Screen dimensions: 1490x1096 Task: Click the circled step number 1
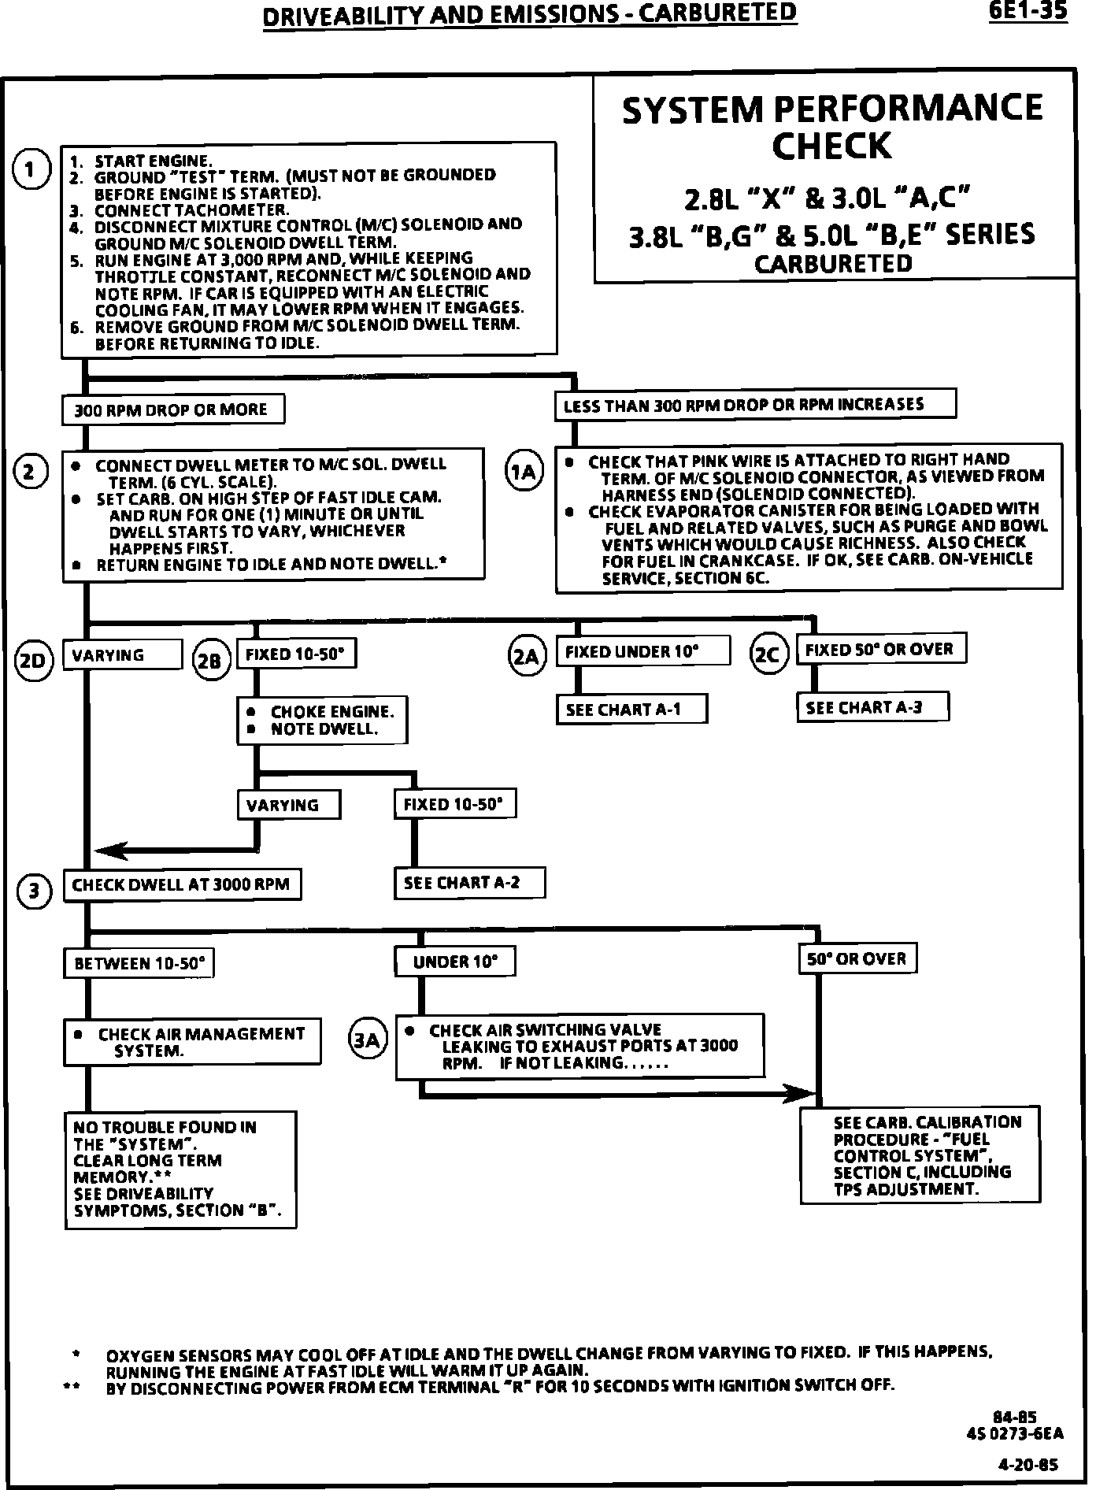click(x=31, y=170)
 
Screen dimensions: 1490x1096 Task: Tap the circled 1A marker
click(x=524, y=472)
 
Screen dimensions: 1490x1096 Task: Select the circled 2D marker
click(x=33, y=660)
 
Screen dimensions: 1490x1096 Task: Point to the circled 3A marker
click(x=367, y=1040)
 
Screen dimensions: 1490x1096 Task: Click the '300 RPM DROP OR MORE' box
click(x=172, y=410)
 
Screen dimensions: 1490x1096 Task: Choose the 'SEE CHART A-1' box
click(x=631, y=709)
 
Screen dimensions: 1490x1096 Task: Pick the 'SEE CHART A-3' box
click(x=872, y=706)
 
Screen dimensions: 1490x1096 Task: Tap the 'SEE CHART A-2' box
click(x=469, y=883)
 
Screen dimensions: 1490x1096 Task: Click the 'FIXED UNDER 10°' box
click(x=642, y=651)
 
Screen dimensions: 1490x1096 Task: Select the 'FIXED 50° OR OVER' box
click(x=882, y=649)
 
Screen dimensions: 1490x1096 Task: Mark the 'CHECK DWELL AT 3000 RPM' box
click(x=182, y=884)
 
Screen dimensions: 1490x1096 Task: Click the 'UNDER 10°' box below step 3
click(x=456, y=962)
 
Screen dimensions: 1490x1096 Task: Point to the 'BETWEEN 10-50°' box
click(x=139, y=963)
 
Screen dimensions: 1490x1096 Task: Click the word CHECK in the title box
click(x=832, y=146)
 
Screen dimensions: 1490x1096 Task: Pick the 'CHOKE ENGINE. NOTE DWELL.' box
click(x=322, y=720)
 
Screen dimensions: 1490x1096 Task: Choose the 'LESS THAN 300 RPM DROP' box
click(x=755, y=404)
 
